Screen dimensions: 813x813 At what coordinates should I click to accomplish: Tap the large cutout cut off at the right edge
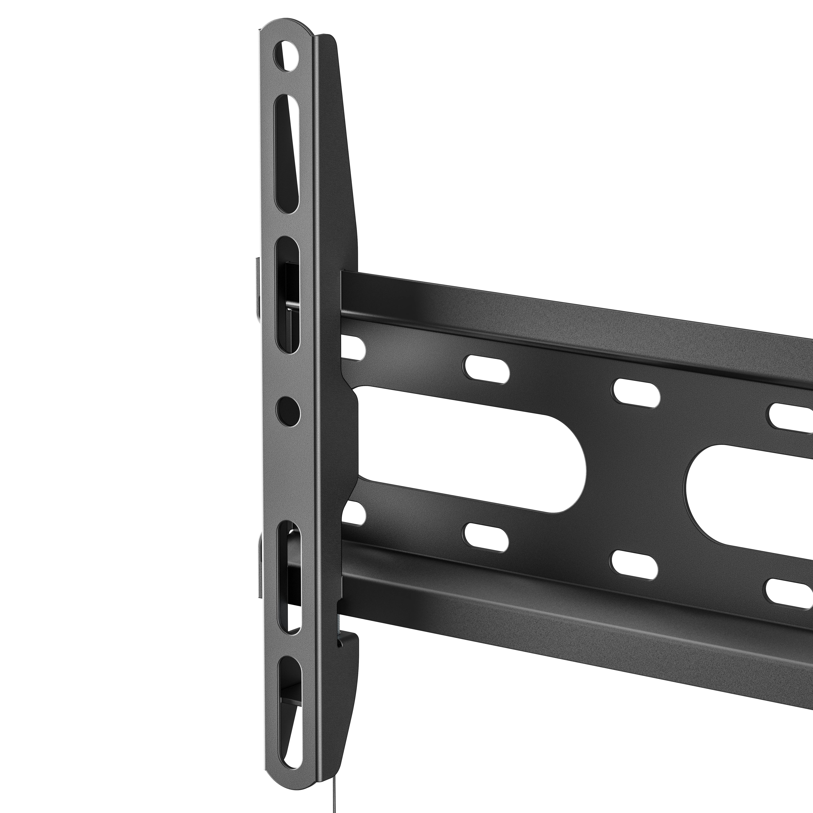pyautogui.click(x=749, y=492)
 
